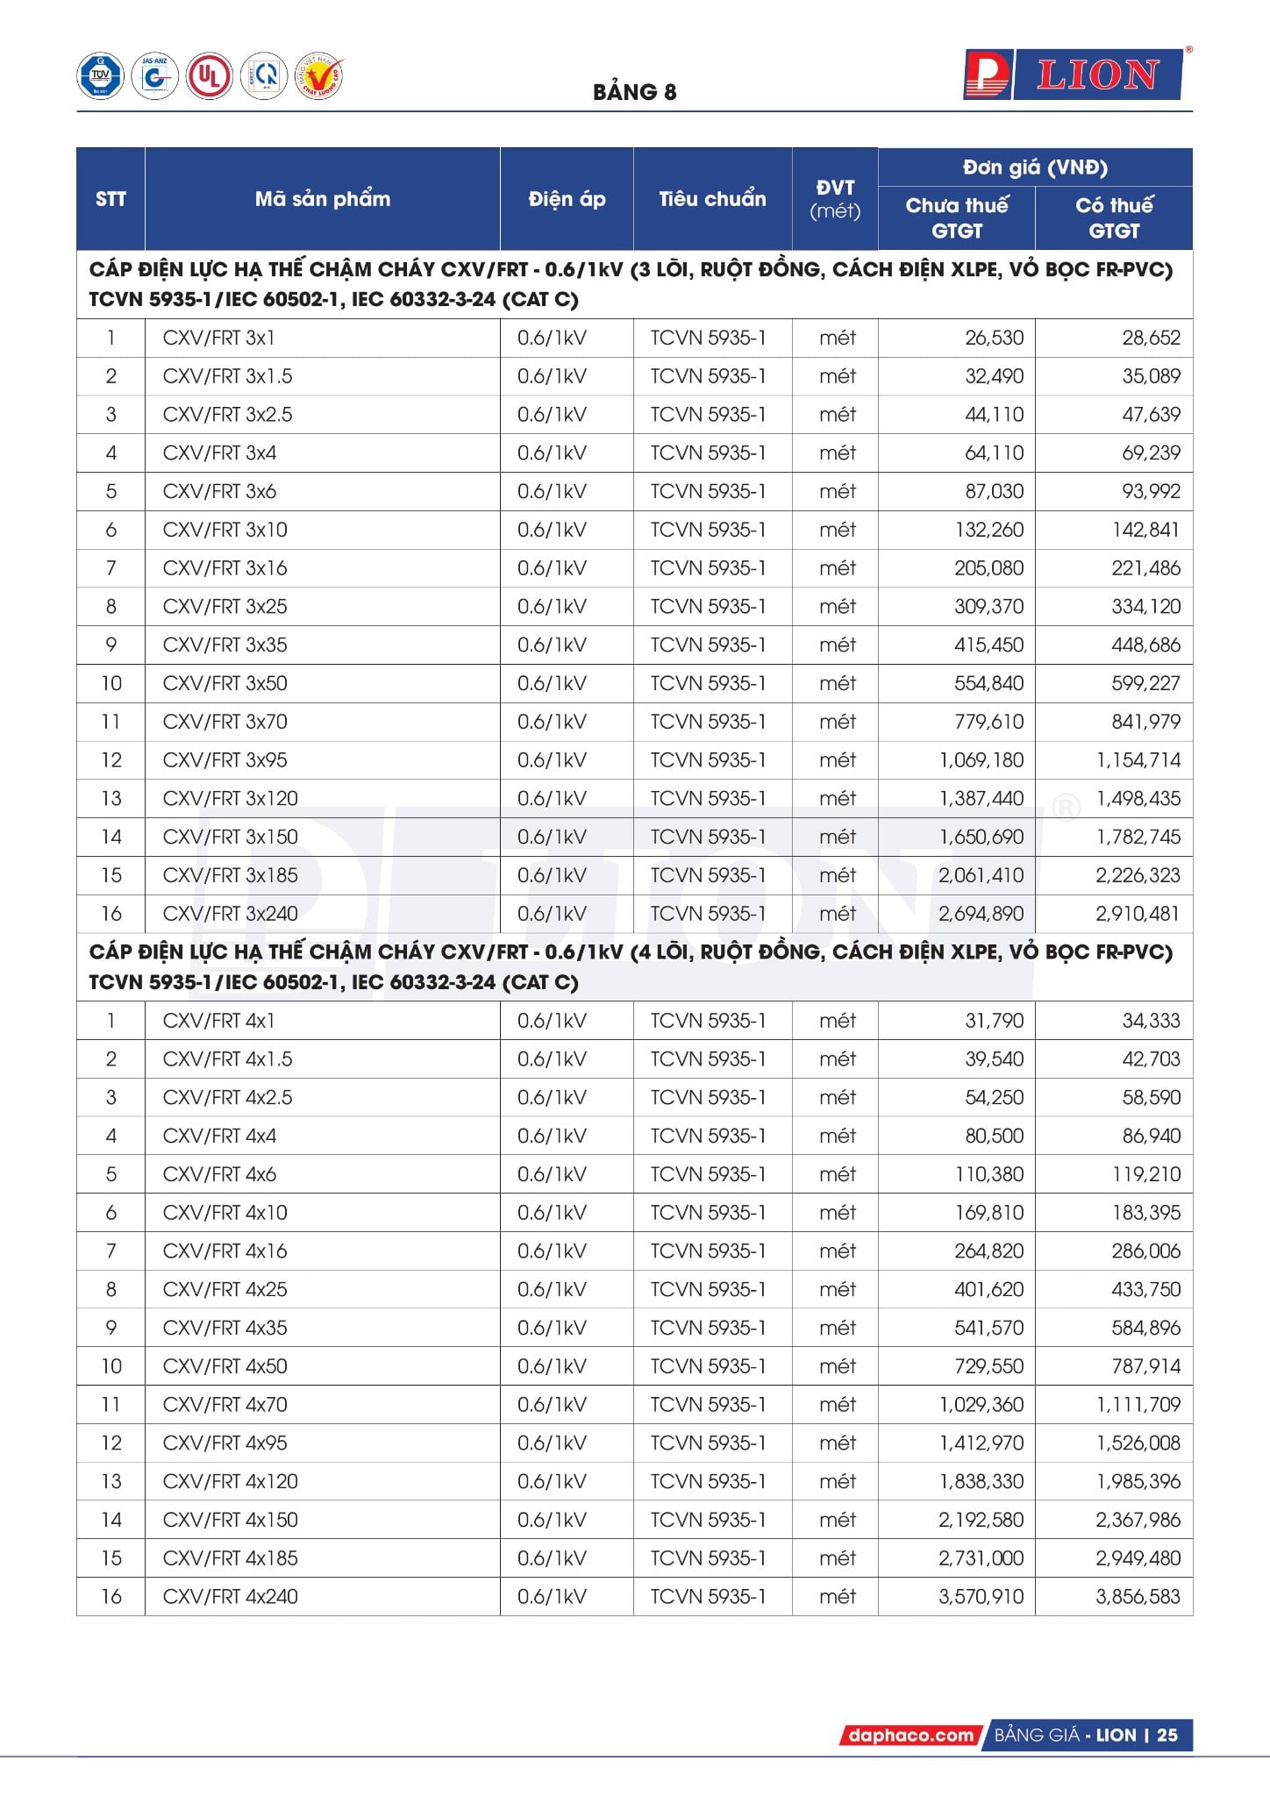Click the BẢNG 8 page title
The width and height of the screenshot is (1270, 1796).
(x=634, y=92)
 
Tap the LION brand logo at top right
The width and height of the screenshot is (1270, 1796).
(x=1074, y=75)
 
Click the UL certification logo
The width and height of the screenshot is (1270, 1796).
(x=209, y=76)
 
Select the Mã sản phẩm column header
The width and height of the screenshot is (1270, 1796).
(x=322, y=199)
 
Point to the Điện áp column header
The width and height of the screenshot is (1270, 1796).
(x=567, y=199)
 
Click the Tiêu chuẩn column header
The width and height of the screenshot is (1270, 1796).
(x=712, y=199)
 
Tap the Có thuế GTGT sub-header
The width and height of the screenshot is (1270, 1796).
(x=1114, y=217)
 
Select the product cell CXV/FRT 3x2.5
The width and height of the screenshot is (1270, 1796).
(x=228, y=415)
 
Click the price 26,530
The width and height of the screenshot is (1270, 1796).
(x=994, y=338)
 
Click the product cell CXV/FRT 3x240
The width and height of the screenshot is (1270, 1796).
(x=231, y=914)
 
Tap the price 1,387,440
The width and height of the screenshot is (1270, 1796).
(x=981, y=799)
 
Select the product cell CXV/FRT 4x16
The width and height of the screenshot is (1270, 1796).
(x=225, y=1251)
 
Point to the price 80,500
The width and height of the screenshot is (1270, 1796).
(x=994, y=1136)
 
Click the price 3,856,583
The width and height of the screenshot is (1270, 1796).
(x=1138, y=1597)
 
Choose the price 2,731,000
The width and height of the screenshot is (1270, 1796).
(x=981, y=1558)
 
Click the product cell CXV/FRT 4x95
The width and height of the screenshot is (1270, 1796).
(x=225, y=1443)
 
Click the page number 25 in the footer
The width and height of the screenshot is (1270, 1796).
(x=1167, y=1735)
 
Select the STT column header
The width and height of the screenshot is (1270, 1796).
(x=111, y=199)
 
